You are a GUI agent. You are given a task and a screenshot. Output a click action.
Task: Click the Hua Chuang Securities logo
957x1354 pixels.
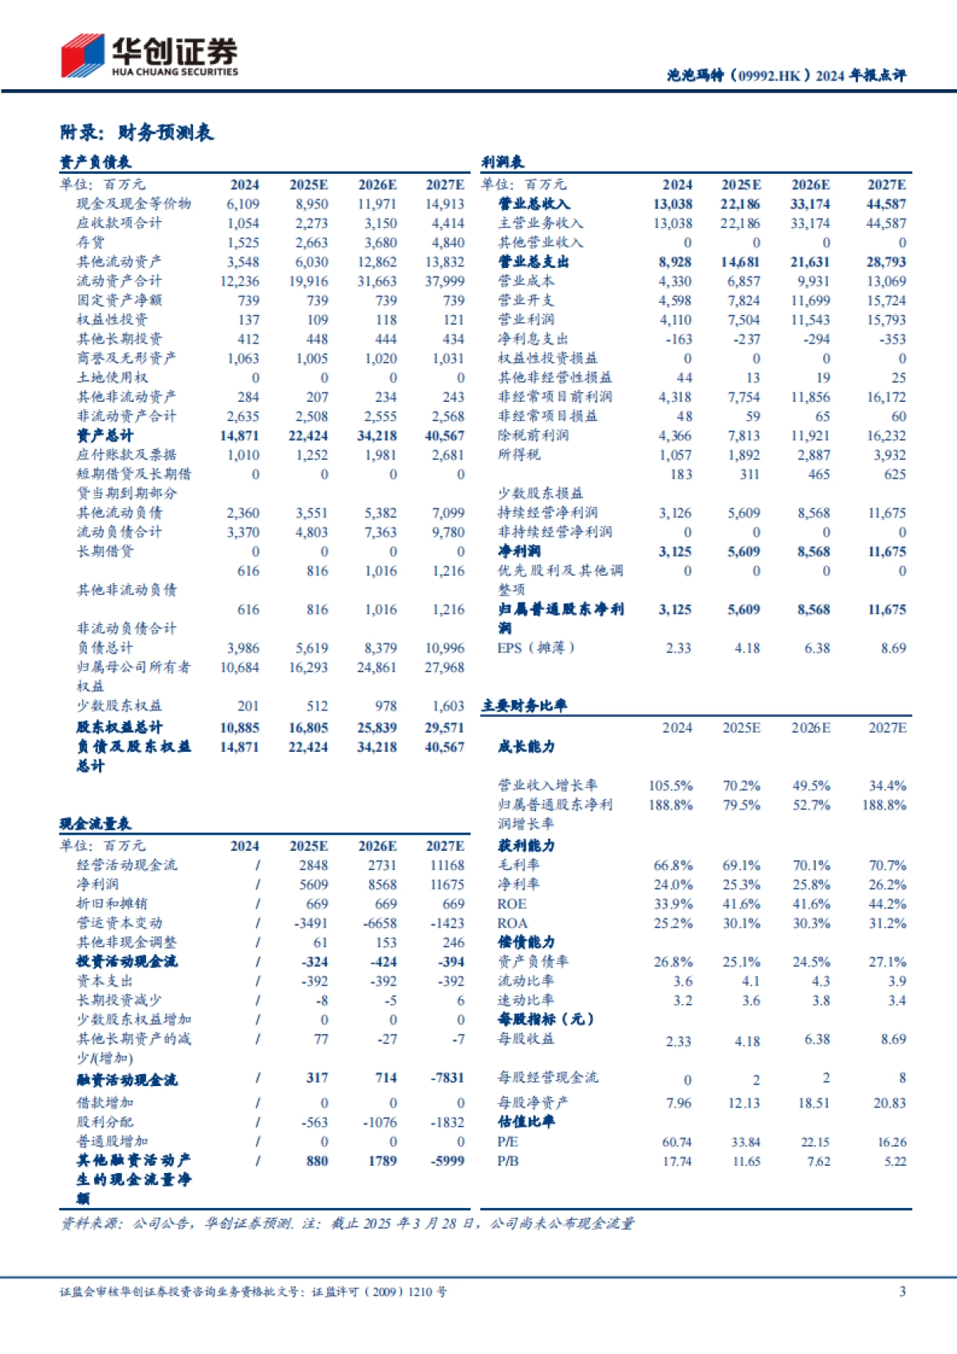pos(149,56)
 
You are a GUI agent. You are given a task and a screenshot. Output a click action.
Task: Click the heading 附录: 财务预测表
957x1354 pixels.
pos(136,132)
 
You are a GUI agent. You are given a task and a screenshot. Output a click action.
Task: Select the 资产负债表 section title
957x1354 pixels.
pos(95,163)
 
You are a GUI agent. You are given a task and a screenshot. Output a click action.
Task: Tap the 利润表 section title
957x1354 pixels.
pos(502,163)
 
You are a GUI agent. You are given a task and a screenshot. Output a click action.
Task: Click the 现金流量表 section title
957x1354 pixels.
pos(95,824)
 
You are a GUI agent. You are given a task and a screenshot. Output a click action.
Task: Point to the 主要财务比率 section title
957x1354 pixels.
pos(524,706)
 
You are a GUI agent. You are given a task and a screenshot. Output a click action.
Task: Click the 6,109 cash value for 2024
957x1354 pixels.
pos(242,204)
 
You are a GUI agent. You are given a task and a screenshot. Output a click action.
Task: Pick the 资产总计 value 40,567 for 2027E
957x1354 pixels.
pos(444,435)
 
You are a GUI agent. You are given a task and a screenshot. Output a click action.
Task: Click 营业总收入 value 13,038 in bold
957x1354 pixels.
pos(672,204)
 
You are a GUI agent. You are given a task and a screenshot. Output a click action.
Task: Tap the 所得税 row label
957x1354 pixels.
pos(518,455)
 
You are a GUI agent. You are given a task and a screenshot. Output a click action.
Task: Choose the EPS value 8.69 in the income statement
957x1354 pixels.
pos(893,648)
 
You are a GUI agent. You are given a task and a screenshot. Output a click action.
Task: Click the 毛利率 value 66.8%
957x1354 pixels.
pos(672,865)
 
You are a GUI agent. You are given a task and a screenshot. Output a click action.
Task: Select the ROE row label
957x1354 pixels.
pos(512,904)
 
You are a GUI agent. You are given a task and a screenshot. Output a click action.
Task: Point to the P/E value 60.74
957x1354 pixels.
pos(677,1142)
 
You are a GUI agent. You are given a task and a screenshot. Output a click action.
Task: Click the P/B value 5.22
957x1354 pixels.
pos(895,1161)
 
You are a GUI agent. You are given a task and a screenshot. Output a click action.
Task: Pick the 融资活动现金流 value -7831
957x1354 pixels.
pos(447,1078)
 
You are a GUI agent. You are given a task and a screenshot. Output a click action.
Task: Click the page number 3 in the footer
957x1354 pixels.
pos(902,1291)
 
